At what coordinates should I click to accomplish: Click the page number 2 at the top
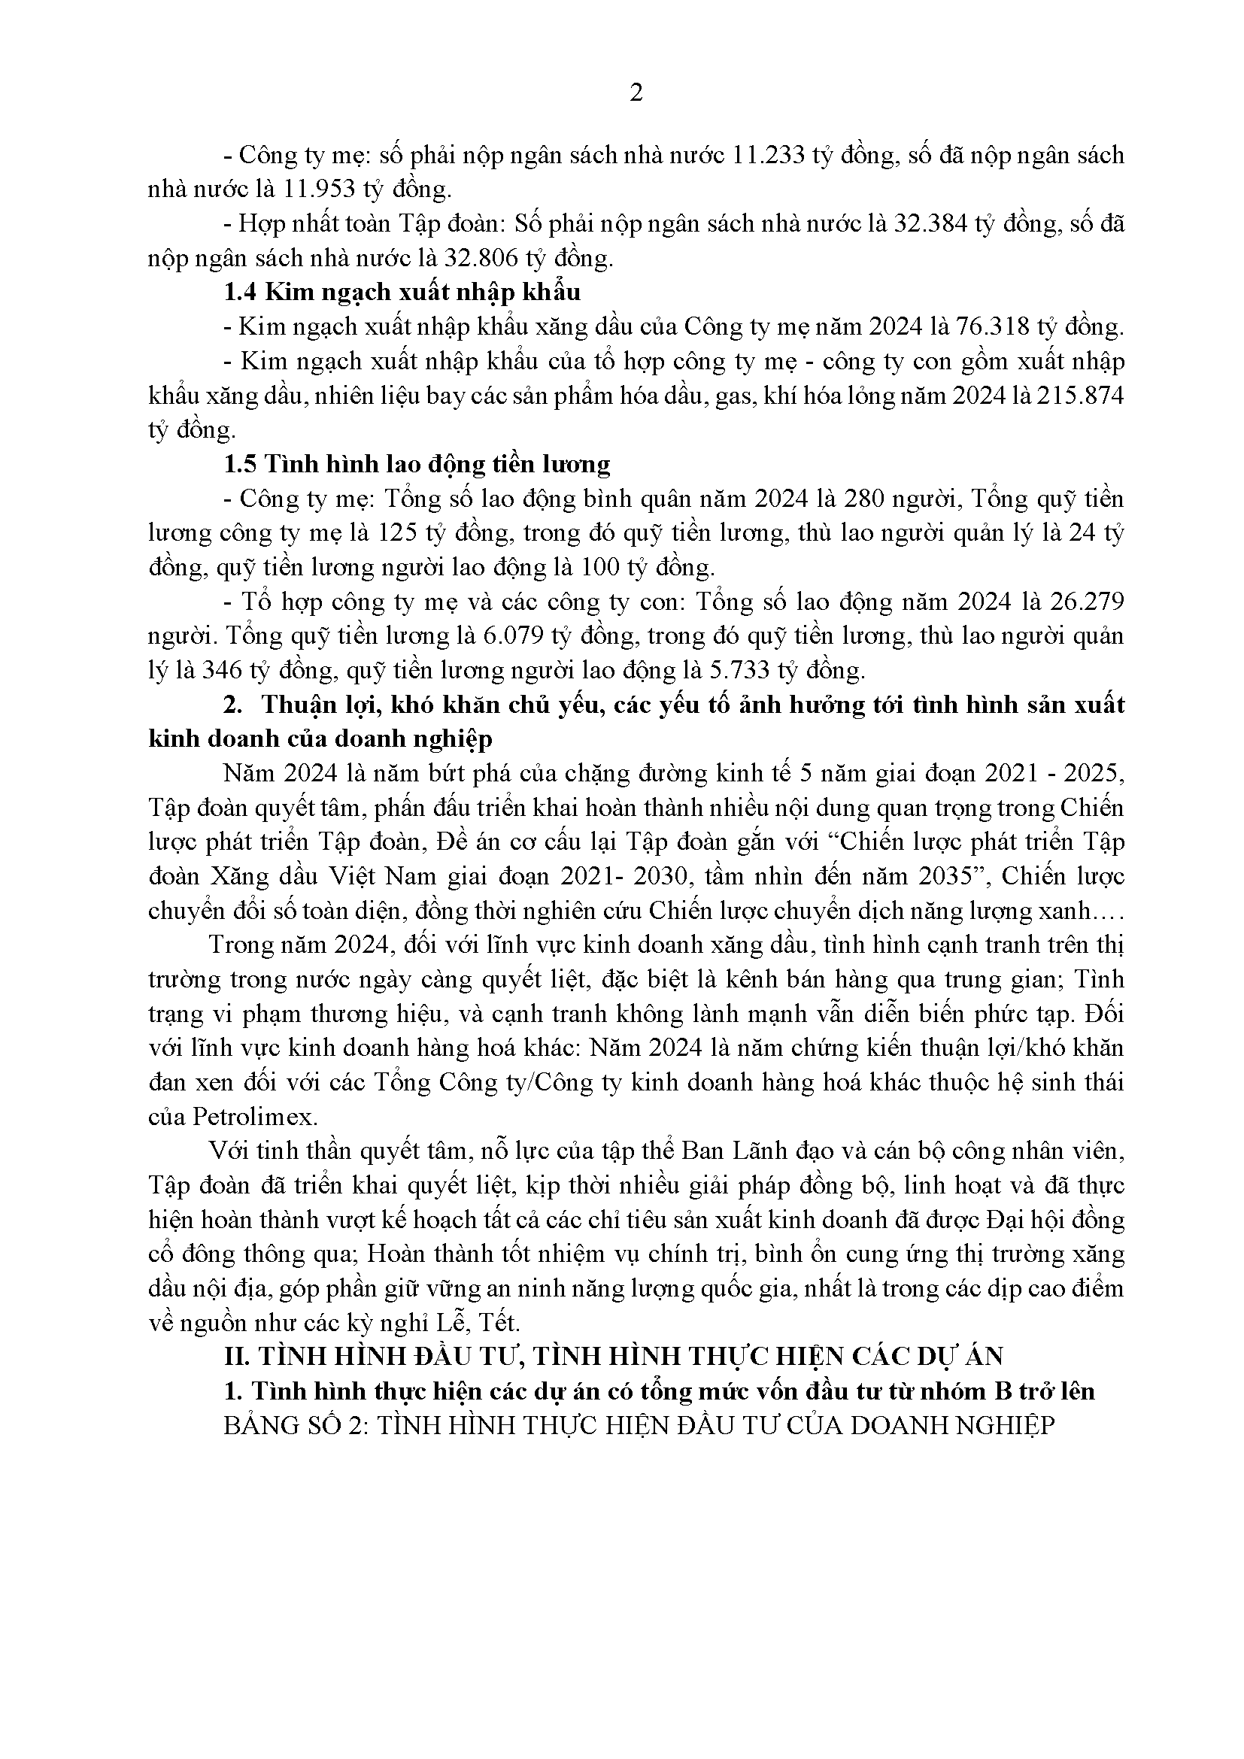pyautogui.click(x=635, y=92)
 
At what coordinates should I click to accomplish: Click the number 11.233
pyautogui.click(x=769, y=156)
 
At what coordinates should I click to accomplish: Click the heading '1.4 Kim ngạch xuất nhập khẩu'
pyautogui.click(x=402, y=292)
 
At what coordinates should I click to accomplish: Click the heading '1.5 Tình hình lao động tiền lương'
pyautogui.click(x=416, y=464)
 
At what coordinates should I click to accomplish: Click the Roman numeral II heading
pyautogui.click(x=613, y=1357)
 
